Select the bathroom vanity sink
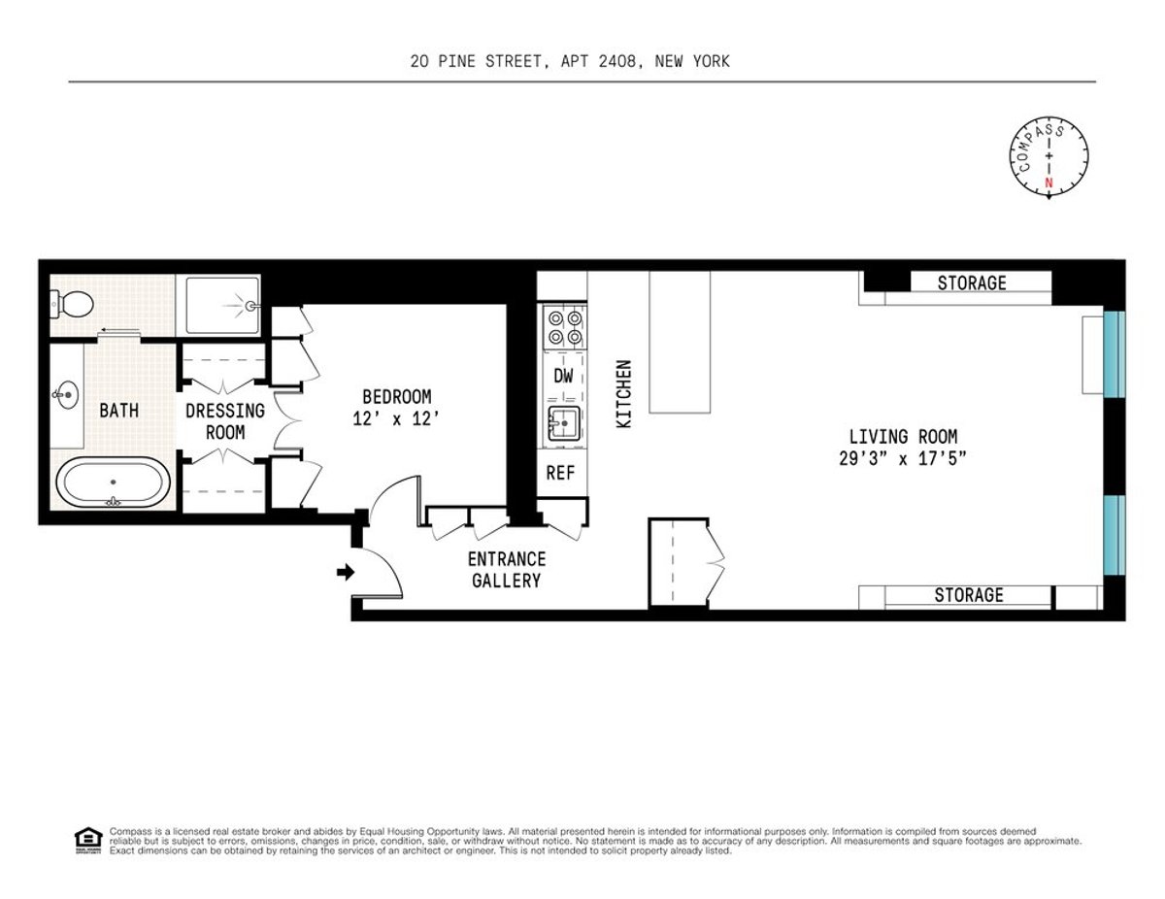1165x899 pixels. click(x=66, y=394)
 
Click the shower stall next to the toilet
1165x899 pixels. click(x=222, y=305)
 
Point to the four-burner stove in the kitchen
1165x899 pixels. click(x=564, y=327)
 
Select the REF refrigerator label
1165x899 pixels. click(x=561, y=475)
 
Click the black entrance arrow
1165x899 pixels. click(x=344, y=573)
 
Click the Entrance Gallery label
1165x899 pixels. click(x=506, y=570)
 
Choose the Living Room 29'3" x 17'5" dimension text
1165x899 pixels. click(x=903, y=448)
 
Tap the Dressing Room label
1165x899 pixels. click(x=225, y=421)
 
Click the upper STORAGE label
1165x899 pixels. click(x=971, y=283)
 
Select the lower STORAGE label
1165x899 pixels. click(x=968, y=595)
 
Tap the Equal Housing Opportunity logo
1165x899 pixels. click(x=87, y=839)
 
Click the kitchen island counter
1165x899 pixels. click(x=680, y=342)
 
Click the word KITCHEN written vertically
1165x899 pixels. click(x=624, y=395)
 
